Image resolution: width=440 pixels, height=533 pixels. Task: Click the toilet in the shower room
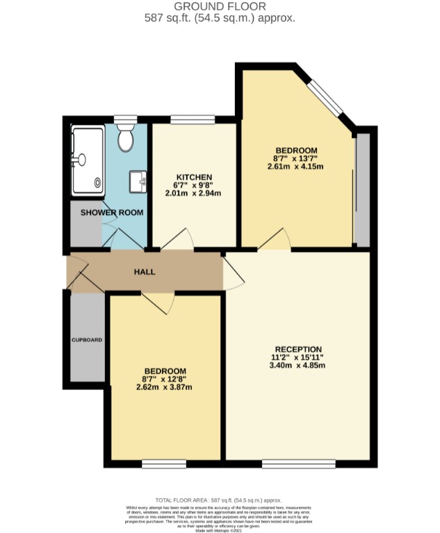[x=126, y=138]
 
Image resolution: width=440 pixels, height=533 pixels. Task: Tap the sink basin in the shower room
[x=138, y=183]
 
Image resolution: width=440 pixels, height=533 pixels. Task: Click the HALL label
[x=145, y=271]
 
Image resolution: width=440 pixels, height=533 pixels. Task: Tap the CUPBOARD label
[x=87, y=340]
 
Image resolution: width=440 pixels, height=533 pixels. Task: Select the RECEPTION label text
[x=298, y=349]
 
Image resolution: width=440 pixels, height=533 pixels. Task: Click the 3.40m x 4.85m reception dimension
[x=298, y=366]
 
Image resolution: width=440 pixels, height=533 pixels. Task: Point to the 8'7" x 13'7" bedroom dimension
[x=296, y=158]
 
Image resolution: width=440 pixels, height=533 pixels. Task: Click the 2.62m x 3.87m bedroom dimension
[x=164, y=387]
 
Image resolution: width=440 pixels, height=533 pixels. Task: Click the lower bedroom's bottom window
[x=164, y=462]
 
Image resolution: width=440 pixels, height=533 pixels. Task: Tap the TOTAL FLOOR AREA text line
[x=219, y=500]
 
